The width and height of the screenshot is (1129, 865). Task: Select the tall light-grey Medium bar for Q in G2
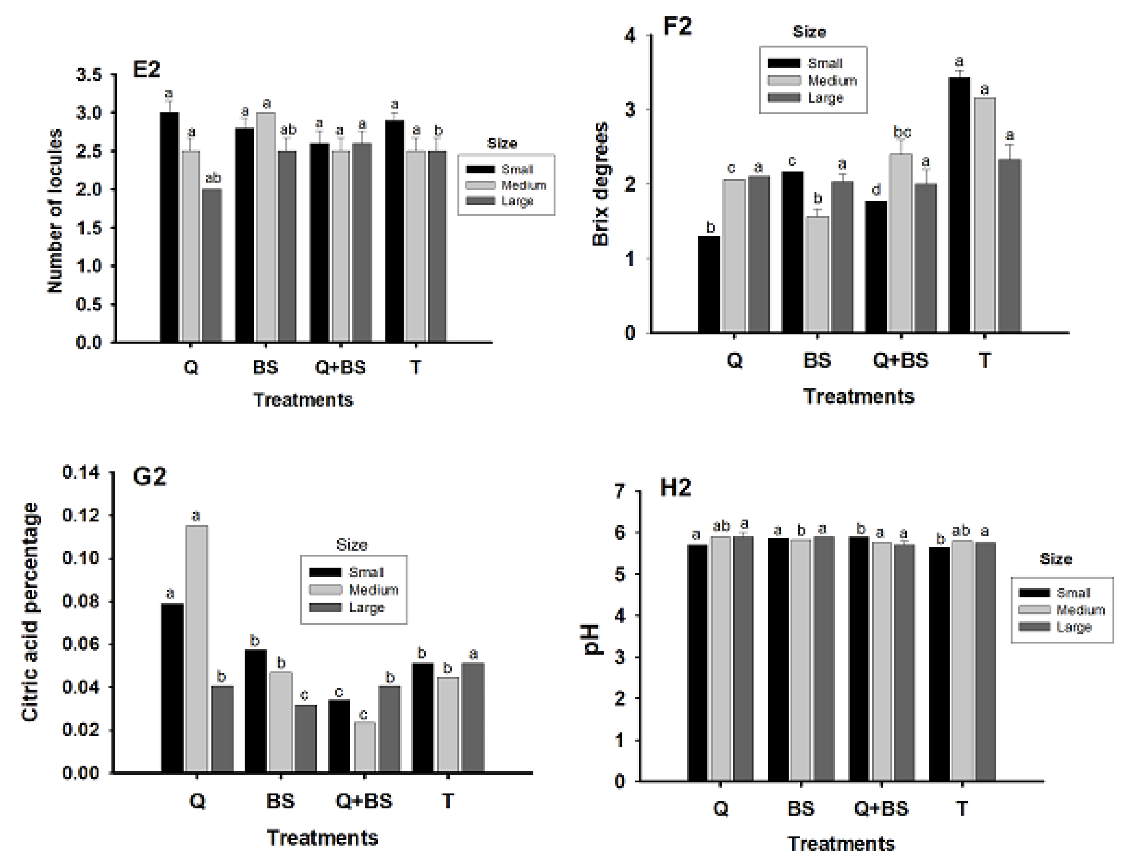(196, 649)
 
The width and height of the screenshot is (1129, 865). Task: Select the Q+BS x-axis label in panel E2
(340, 368)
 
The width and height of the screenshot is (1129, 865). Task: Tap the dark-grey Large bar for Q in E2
(211, 265)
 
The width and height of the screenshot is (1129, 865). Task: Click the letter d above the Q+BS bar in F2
(876, 190)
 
